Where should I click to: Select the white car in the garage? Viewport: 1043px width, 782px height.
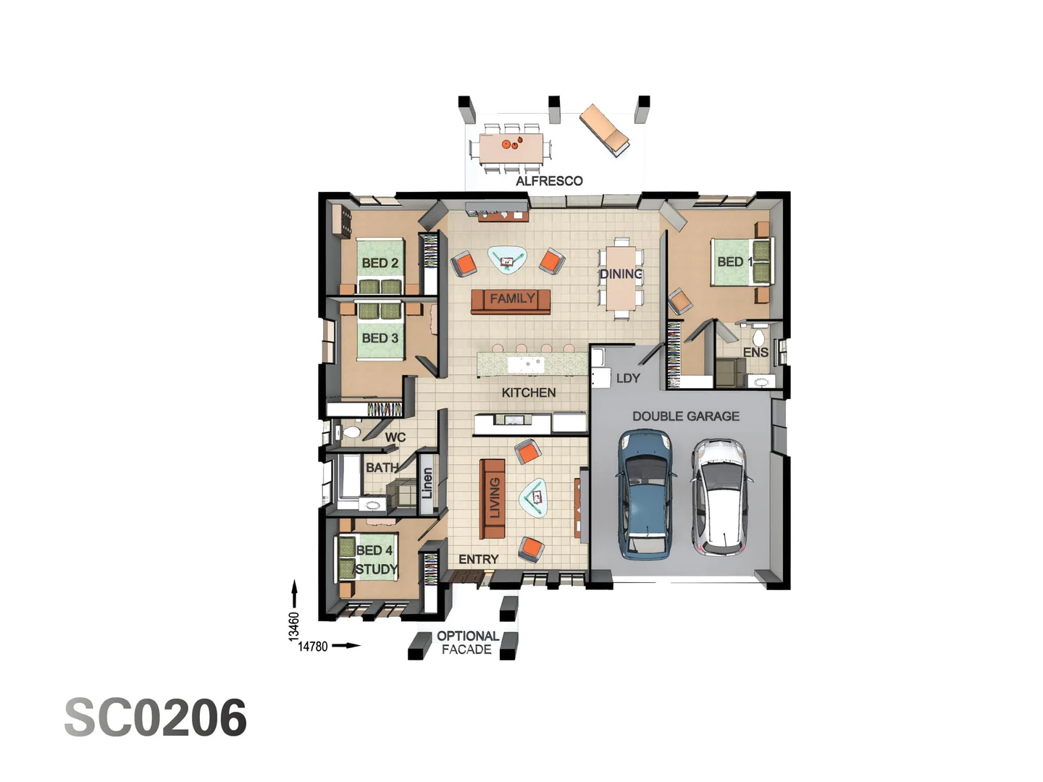719,497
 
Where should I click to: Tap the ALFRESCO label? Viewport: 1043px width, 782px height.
549,181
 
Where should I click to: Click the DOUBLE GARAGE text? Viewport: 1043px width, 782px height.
685,416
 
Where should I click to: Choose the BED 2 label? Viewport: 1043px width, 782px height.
380,263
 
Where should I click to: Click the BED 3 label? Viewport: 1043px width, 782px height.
380,338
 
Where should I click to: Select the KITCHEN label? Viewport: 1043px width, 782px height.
529,392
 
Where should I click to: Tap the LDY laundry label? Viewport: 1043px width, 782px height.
628,378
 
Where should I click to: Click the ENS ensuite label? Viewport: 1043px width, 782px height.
755,352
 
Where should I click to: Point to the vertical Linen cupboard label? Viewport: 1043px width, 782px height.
427,483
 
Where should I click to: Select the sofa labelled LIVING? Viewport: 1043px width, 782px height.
493,499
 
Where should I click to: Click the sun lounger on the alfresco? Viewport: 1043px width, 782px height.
603,129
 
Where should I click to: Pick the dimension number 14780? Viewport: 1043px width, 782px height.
313,647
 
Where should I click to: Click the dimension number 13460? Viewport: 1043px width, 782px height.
293,626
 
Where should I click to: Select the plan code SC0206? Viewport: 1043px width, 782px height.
156,718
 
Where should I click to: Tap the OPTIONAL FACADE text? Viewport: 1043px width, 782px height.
467,642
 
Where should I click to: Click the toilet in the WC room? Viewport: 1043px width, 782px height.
351,433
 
